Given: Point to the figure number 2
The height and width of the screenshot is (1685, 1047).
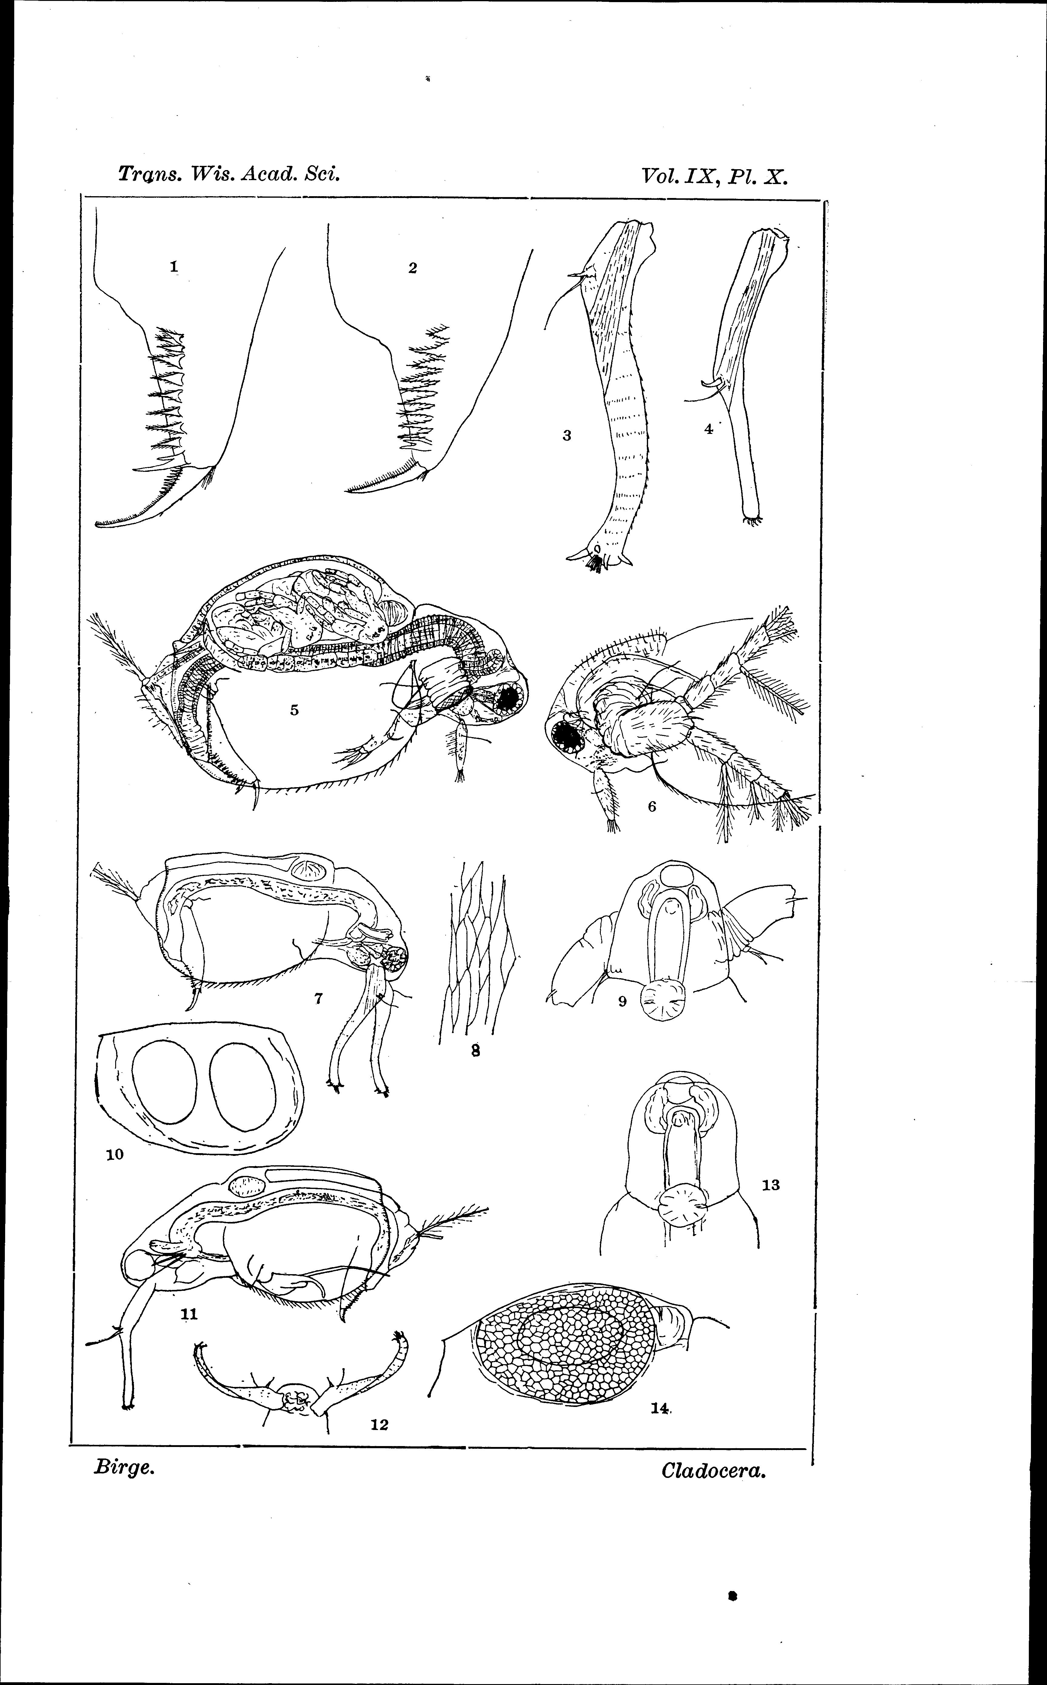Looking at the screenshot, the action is point(413,268).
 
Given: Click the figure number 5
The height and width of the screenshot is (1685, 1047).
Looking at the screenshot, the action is point(294,709).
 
